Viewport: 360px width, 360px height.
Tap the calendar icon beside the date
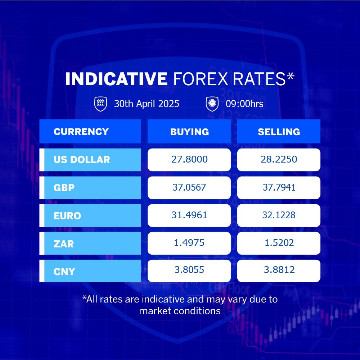point(100,104)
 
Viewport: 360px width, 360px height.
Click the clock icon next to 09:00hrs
point(212,104)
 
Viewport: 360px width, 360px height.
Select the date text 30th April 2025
point(147,104)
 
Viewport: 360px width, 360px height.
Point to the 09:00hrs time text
point(244,104)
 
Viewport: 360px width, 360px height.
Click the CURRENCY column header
point(81,132)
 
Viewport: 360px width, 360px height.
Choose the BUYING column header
point(189,132)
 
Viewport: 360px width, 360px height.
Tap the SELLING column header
point(279,132)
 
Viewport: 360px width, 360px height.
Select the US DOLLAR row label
point(82,160)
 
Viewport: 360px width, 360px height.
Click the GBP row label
point(64,188)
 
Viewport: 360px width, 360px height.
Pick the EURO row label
point(67,216)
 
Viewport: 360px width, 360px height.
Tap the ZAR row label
point(64,244)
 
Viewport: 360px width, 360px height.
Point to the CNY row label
point(64,272)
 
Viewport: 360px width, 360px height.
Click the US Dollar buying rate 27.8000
point(189,159)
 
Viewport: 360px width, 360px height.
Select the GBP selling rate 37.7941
point(279,187)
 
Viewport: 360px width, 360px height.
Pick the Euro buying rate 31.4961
point(189,215)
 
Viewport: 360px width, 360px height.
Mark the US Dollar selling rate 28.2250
point(279,159)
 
